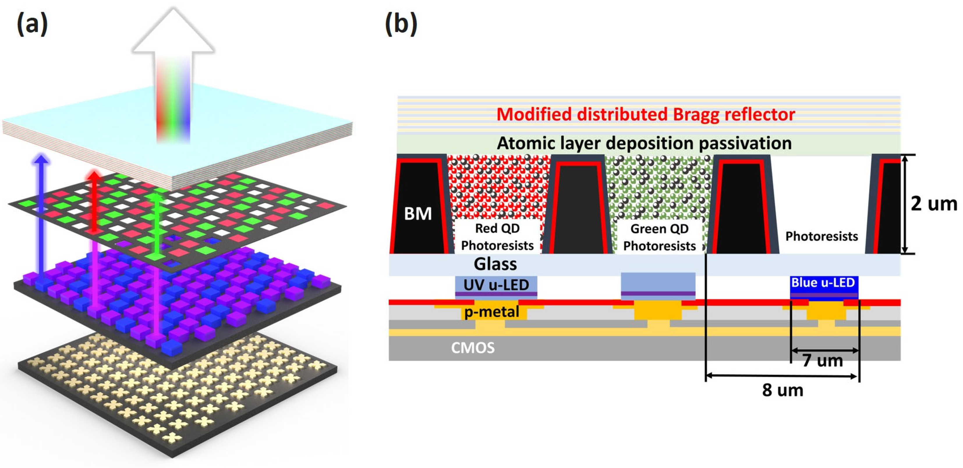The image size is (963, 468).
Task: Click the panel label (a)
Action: tap(32, 24)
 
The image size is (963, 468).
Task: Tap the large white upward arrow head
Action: tap(173, 32)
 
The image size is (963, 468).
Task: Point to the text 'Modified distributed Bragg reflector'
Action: tap(646, 115)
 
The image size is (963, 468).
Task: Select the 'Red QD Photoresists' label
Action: tap(497, 237)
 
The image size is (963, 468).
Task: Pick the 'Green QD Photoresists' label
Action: tap(659, 237)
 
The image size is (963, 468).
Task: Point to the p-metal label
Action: tap(492, 312)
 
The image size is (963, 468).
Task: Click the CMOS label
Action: tap(472, 348)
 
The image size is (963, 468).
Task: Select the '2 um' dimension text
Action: tap(934, 204)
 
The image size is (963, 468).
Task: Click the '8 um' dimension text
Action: tap(783, 390)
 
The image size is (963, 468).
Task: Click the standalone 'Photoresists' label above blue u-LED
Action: tap(821, 236)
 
